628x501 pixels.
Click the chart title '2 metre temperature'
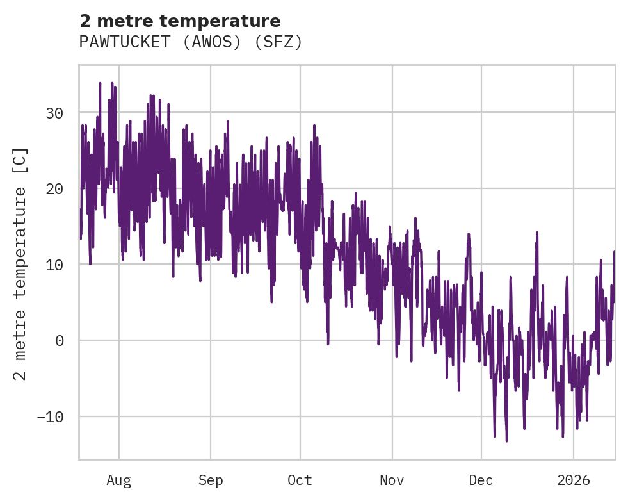click(x=180, y=21)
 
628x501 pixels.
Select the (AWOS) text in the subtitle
click(x=213, y=42)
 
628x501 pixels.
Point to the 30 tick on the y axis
click(x=54, y=113)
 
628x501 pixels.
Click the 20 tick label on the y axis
click(x=54, y=189)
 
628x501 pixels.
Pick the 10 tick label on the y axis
click(x=54, y=265)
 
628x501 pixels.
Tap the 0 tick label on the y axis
click(x=59, y=341)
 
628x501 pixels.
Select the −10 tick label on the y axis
click(x=50, y=417)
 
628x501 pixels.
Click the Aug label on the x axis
click(x=118, y=480)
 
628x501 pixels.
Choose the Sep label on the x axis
click(x=210, y=480)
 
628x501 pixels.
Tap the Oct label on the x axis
click(x=300, y=480)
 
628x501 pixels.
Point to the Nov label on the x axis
click(x=392, y=480)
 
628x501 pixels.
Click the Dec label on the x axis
click(x=481, y=480)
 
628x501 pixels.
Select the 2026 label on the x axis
click(x=573, y=480)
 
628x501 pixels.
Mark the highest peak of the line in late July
click(x=101, y=83)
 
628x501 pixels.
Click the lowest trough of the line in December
click(x=506, y=441)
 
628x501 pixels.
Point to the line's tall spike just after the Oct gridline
click(x=314, y=125)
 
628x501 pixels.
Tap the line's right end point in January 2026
click(x=614, y=252)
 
